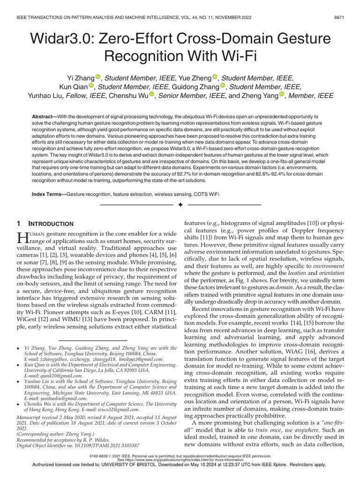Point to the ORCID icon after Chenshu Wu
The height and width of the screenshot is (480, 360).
click(152, 96)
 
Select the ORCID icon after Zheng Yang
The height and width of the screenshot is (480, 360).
click(282, 96)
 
